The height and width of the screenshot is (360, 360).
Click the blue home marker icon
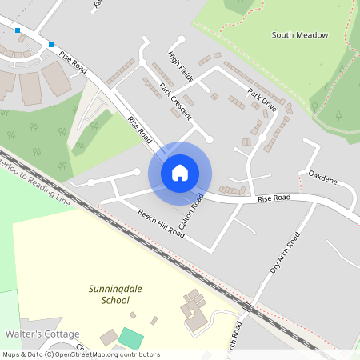click(180, 173)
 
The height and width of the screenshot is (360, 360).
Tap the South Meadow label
click(299, 35)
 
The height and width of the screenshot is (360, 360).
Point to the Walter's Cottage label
click(42, 334)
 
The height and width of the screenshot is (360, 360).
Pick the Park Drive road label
click(262, 101)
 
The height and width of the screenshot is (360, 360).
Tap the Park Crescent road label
click(175, 102)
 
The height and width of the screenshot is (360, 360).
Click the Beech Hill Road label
click(161, 223)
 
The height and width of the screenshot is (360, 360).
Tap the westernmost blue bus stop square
click(18, 30)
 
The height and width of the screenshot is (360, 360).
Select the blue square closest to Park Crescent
click(51, 45)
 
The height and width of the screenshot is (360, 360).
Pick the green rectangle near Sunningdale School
click(128, 338)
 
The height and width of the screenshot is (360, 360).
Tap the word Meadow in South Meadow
click(312, 35)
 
